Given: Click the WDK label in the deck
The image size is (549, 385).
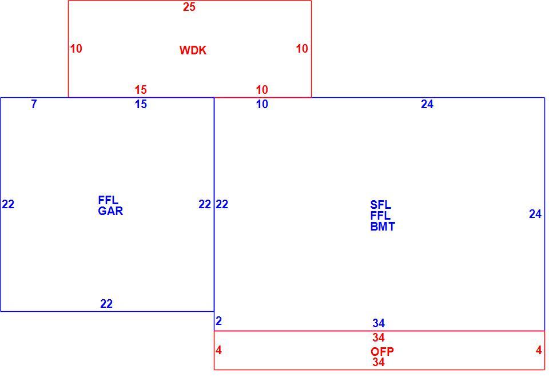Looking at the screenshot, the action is [x=193, y=50].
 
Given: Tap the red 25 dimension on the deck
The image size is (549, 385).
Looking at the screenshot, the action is [x=189, y=7].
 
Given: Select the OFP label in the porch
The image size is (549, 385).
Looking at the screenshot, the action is [x=382, y=351].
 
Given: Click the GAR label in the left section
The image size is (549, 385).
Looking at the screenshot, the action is [x=110, y=211].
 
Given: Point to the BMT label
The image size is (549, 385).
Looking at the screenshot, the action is [x=383, y=227].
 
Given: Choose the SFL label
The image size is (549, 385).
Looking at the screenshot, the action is [x=381, y=205].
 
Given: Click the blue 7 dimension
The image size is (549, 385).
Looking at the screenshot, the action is [x=34, y=104].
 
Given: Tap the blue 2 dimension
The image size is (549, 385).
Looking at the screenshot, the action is [x=219, y=321].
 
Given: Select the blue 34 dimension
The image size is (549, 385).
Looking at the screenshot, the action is [x=379, y=323].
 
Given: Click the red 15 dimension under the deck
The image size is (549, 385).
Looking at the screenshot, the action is [x=141, y=90].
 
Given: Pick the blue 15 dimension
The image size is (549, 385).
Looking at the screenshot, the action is [x=141, y=104].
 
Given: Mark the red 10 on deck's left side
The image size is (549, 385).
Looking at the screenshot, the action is [x=76, y=49].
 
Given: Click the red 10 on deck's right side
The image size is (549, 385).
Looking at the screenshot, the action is [x=302, y=49].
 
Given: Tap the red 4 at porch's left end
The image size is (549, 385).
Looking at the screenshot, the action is [x=219, y=350].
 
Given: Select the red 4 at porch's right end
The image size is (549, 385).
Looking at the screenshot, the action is [x=539, y=350].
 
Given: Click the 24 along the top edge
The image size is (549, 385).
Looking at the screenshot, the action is [x=427, y=104].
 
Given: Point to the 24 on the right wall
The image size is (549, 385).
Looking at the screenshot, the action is [x=535, y=214].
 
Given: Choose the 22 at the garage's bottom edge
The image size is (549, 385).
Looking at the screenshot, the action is [x=106, y=303].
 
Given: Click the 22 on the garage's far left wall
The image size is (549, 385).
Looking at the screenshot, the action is [x=8, y=204].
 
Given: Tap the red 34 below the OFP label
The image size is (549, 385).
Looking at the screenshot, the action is [x=379, y=362].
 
